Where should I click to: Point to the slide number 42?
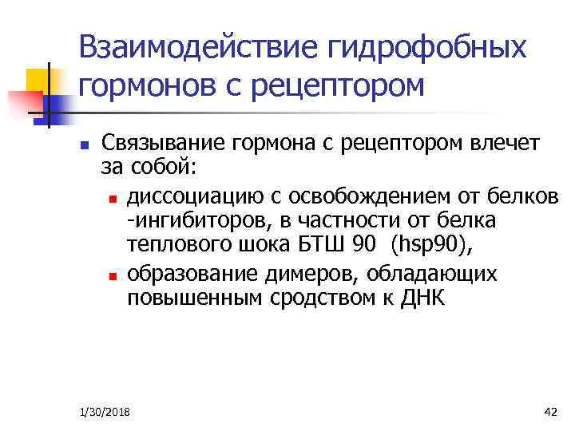point(549,411)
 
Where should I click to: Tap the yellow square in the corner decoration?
point(38,80)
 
